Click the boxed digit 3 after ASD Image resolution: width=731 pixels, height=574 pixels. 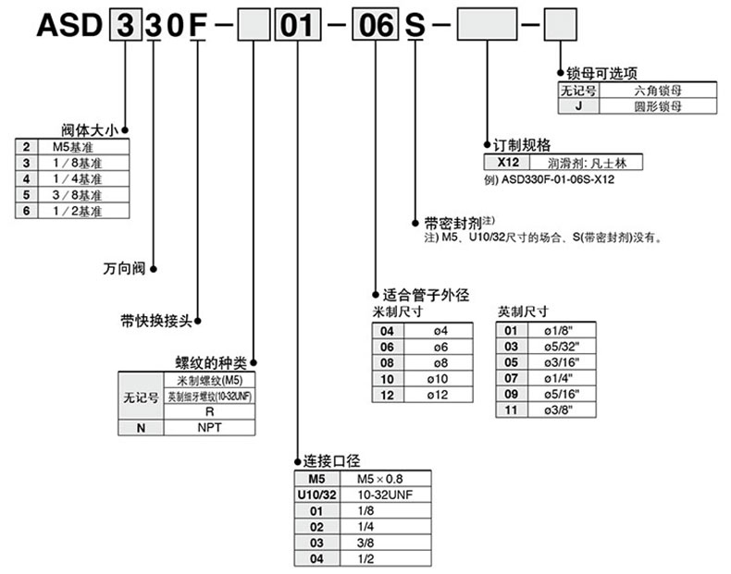(123, 25)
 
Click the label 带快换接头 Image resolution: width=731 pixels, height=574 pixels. (155, 321)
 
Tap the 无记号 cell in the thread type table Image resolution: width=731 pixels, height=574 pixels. (142, 397)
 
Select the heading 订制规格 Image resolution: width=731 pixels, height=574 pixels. (524, 145)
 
